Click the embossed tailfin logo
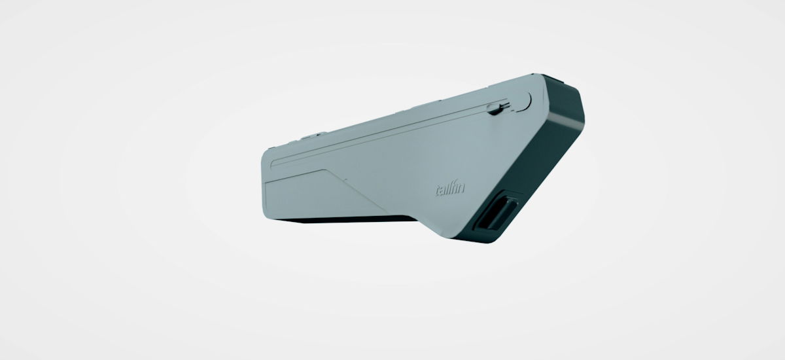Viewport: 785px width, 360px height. [x=450, y=189]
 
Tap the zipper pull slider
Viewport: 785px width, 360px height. [x=495, y=109]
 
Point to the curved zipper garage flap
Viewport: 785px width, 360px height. [x=523, y=102]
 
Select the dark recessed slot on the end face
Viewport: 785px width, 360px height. [x=495, y=211]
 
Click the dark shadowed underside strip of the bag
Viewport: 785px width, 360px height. [x=347, y=219]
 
